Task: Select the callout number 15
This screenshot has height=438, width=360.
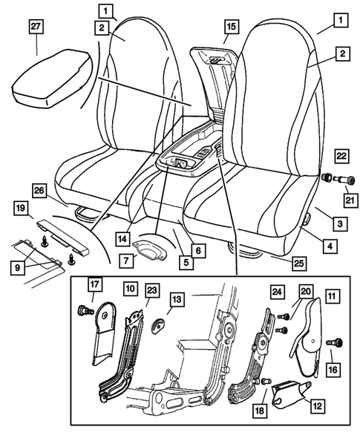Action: pyautogui.click(x=231, y=27)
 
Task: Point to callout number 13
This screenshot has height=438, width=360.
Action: pyautogui.click(x=175, y=298)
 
